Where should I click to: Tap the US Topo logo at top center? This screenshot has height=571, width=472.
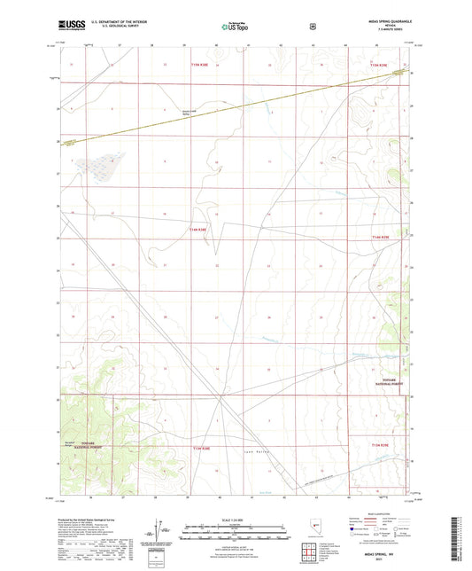pyautogui.click(x=235, y=27)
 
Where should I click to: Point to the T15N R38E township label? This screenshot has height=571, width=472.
pyautogui.click(x=201, y=65)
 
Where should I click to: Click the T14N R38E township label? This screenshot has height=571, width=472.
pyautogui.click(x=197, y=229)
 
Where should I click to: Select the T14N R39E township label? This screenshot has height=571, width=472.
pyautogui.click(x=382, y=238)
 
